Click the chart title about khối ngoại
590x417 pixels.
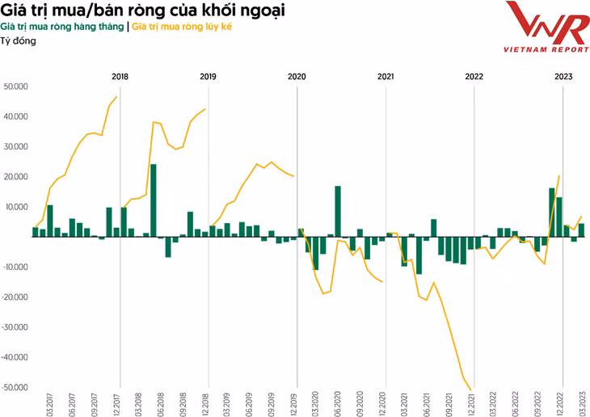147,11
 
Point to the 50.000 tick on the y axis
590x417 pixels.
16,86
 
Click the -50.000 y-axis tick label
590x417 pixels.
15,388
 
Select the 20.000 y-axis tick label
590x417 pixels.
16,177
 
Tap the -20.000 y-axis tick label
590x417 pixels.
15,297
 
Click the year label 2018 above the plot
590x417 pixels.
120,77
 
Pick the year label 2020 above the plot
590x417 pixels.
297,77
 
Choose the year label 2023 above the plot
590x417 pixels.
563,77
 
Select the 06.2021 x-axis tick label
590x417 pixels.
426,402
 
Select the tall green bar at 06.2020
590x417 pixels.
338,211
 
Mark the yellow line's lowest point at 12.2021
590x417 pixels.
471,390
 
